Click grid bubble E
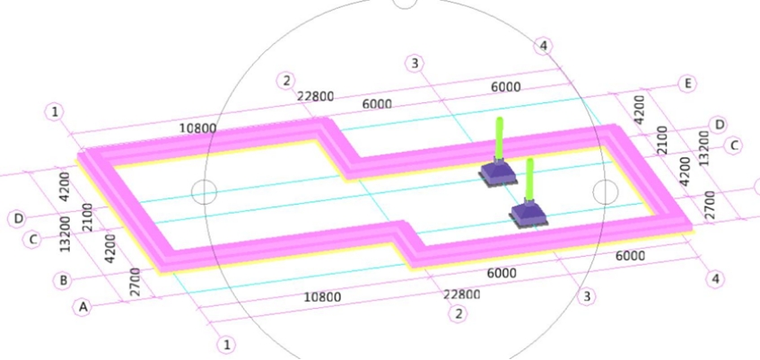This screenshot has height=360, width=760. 686,84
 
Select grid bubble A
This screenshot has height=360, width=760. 83,308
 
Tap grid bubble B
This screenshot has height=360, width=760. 63,280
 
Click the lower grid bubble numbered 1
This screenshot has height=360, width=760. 226,346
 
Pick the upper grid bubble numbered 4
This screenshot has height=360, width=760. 543,47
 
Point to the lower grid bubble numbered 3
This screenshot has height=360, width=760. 587,296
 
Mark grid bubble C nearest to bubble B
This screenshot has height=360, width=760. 33,239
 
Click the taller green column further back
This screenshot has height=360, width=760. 499,137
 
